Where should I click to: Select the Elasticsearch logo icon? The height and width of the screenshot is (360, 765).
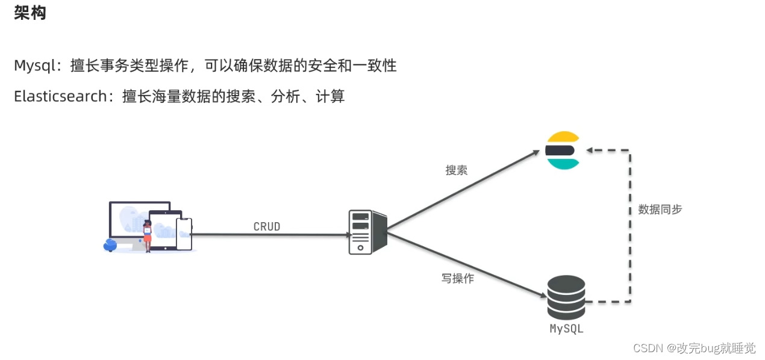point(562,150)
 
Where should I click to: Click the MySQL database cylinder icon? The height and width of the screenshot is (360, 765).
point(566,297)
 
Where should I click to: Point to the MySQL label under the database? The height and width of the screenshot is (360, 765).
point(566,329)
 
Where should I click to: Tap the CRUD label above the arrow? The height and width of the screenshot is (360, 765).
point(267,227)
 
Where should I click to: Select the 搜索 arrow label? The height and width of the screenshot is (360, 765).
point(456,170)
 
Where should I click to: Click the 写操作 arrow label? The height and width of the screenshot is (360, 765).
point(457,279)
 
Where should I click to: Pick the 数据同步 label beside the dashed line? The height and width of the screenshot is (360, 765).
point(660,209)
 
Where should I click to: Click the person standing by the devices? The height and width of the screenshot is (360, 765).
point(147,236)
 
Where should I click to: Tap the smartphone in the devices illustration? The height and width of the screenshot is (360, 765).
point(184,234)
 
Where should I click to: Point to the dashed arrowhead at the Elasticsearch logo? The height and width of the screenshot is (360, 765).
point(591,150)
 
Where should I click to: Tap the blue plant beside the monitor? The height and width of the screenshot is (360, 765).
point(110,244)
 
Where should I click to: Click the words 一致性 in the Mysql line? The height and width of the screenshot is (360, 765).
point(378,66)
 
